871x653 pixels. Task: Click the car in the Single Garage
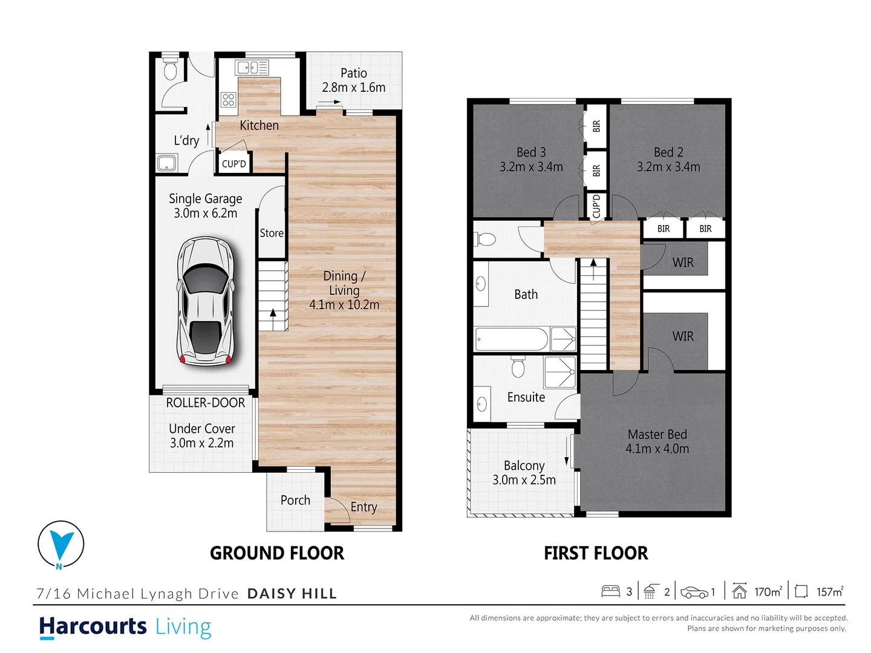(205, 302)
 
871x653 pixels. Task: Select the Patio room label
(354, 73)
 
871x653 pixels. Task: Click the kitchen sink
(252, 67)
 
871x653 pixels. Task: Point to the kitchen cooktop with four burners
(228, 100)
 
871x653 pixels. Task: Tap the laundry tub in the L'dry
(166, 163)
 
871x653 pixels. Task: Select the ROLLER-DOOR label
(205, 403)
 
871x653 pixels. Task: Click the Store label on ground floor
(272, 233)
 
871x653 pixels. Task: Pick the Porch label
(295, 501)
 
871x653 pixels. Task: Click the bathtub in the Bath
(511, 339)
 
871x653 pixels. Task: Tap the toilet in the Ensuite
(518, 366)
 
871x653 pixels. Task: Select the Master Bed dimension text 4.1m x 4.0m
(657, 449)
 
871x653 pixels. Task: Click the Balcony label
(524, 466)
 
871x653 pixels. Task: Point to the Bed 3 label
(531, 152)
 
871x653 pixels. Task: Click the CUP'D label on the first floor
(596, 206)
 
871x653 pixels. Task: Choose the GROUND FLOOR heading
(276, 553)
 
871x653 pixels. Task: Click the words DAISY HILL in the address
(292, 594)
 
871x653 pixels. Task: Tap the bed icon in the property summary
(610, 591)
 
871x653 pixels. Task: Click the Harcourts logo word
(93, 626)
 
